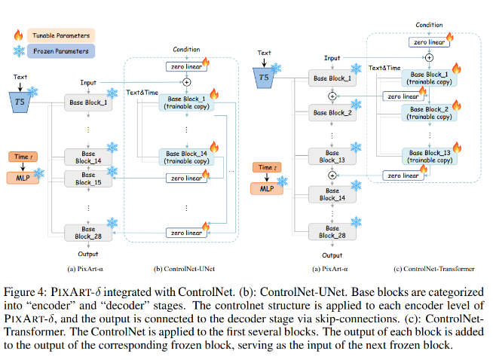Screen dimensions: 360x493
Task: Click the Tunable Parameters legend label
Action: tap(61, 35)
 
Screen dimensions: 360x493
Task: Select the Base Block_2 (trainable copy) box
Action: tap(427, 111)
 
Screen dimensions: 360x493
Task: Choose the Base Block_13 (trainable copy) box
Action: tap(427, 156)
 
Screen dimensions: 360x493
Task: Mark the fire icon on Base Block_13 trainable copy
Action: tap(457, 147)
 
